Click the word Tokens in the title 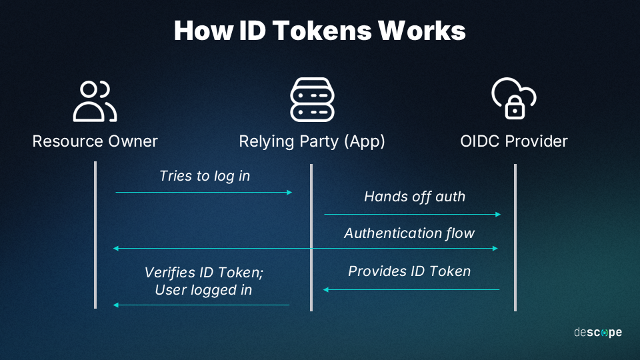coord(322,31)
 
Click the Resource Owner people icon coord(95,101)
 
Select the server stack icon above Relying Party coord(312,99)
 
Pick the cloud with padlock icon coord(514,99)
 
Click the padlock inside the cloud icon coord(515,107)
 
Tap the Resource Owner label coord(95,141)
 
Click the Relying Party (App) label coord(312,141)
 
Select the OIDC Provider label coord(514,141)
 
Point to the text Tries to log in coord(205,176)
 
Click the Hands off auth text coord(415,197)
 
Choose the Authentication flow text coord(409,233)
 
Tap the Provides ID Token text coord(409,271)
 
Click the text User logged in coord(204,290)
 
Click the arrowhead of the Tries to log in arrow coord(289,192)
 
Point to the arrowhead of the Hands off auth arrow coord(498,214)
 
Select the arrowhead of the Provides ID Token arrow coord(326,290)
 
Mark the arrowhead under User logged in coord(116,305)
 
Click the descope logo coord(598,332)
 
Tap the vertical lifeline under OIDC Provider coord(515,237)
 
